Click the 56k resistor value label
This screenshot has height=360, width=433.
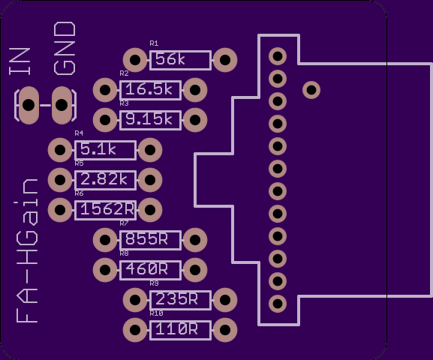coord(170,59)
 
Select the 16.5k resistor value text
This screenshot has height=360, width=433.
coord(149,89)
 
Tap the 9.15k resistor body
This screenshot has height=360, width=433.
coord(151,120)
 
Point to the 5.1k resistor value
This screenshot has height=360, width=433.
coord(98,149)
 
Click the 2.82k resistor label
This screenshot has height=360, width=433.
coord(104,179)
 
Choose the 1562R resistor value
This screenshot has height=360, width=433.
coord(107,209)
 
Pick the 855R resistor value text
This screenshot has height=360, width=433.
coord(146,239)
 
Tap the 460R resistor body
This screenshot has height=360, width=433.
coord(151,270)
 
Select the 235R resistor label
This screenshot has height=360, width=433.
coord(177,299)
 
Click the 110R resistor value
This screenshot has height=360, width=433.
coord(177,329)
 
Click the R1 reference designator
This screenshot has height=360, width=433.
coord(154,43)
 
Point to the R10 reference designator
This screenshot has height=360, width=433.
coord(156,313)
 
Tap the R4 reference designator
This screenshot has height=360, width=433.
coord(79,133)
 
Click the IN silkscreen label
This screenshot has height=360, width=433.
coord(20,61)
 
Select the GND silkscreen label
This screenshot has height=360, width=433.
coord(65,49)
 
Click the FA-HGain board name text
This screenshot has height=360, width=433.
coord(27,250)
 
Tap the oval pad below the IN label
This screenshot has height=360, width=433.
coord(29,105)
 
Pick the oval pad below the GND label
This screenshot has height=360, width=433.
coord(62,105)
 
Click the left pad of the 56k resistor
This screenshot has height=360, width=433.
coord(135,60)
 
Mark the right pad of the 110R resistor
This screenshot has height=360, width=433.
coord(225,330)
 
